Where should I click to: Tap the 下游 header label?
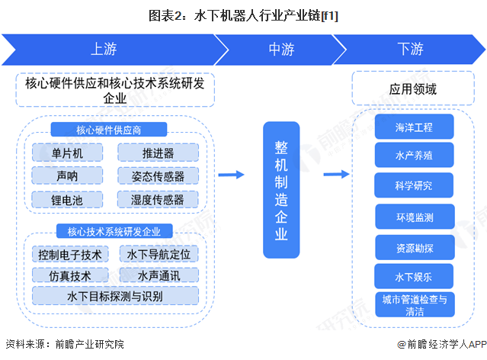(x=410, y=50)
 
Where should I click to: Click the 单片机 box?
(x=67, y=153)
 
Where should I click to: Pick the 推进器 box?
(x=158, y=153)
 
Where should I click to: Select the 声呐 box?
(x=67, y=176)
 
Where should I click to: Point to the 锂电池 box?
(x=67, y=200)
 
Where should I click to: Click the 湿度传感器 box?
(x=158, y=200)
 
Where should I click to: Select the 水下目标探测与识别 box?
(x=114, y=295)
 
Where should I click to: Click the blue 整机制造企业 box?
(x=281, y=189)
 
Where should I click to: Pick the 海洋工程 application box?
(x=414, y=126)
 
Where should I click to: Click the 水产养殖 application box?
(x=414, y=155)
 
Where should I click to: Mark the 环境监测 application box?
(x=414, y=217)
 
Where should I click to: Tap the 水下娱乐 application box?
(x=414, y=275)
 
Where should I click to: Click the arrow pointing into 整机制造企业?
(x=230, y=175)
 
